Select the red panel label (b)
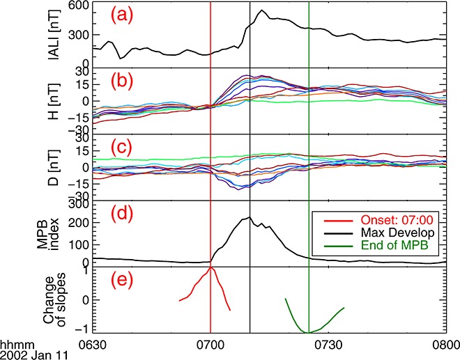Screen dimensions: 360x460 click(x=125, y=83)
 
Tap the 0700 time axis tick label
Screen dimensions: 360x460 click(x=210, y=345)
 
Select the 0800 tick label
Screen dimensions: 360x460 click(x=443, y=345)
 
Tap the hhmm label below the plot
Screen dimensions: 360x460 click(x=14, y=345)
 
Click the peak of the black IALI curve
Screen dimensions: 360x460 click(x=261, y=10)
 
